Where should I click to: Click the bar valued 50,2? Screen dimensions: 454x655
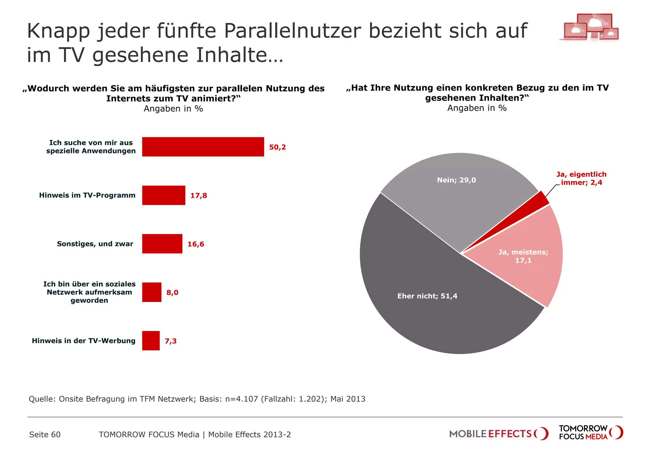pyautogui.click(x=203, y=147)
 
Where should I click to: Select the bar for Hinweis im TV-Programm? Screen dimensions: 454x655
pyautogui.click(x=163, y=195)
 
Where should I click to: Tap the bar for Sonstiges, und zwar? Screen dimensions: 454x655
pyautogui.click(x=162, y=244)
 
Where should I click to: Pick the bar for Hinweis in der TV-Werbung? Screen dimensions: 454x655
pyautogui.click(x=151, y=341)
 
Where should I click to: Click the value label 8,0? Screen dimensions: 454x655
pyautogui.click(x=172, y=292)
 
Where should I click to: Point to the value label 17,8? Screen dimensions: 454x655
pyautogui.click(x=199, y=196)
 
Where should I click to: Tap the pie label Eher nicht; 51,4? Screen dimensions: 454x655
pyautogui.click(x=427, y=296)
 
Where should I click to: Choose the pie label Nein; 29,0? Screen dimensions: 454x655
pyautogui.click(x=456, y=180)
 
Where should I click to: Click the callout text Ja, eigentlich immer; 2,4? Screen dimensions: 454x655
pyautogui.click(x=581, y=178)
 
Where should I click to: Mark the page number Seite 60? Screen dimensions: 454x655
pyautogui.click(x=45, y=434)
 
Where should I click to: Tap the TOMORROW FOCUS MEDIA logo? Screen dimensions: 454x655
pyautogui.click(x=590, y=433)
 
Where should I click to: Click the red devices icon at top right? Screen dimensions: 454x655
pyautogui.click(x=589, y=27)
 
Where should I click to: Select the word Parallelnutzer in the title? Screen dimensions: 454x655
pyautogui.click(x=292, y=31)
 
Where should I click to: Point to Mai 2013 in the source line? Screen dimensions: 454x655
pyautogui.click(x=348, y=399)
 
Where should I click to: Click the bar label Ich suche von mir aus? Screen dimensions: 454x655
pyautogui.click(x=91, y=143)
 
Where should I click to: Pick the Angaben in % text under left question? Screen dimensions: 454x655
pyautogui.click(x=173, y=109)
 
